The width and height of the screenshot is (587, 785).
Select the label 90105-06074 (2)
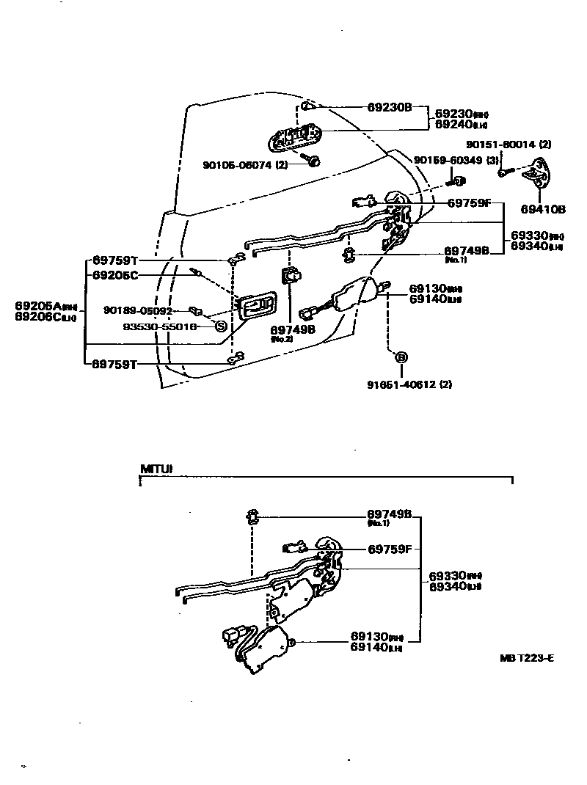point(245,165)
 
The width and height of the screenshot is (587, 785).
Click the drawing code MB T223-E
point(526,658)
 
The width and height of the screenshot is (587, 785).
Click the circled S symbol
point(220,327)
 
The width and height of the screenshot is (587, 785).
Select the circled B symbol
point(401,357)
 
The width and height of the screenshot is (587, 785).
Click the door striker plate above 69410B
point(538,174)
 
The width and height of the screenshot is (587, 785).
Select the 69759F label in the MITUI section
point(390,548)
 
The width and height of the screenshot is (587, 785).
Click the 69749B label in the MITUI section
point(390,515)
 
